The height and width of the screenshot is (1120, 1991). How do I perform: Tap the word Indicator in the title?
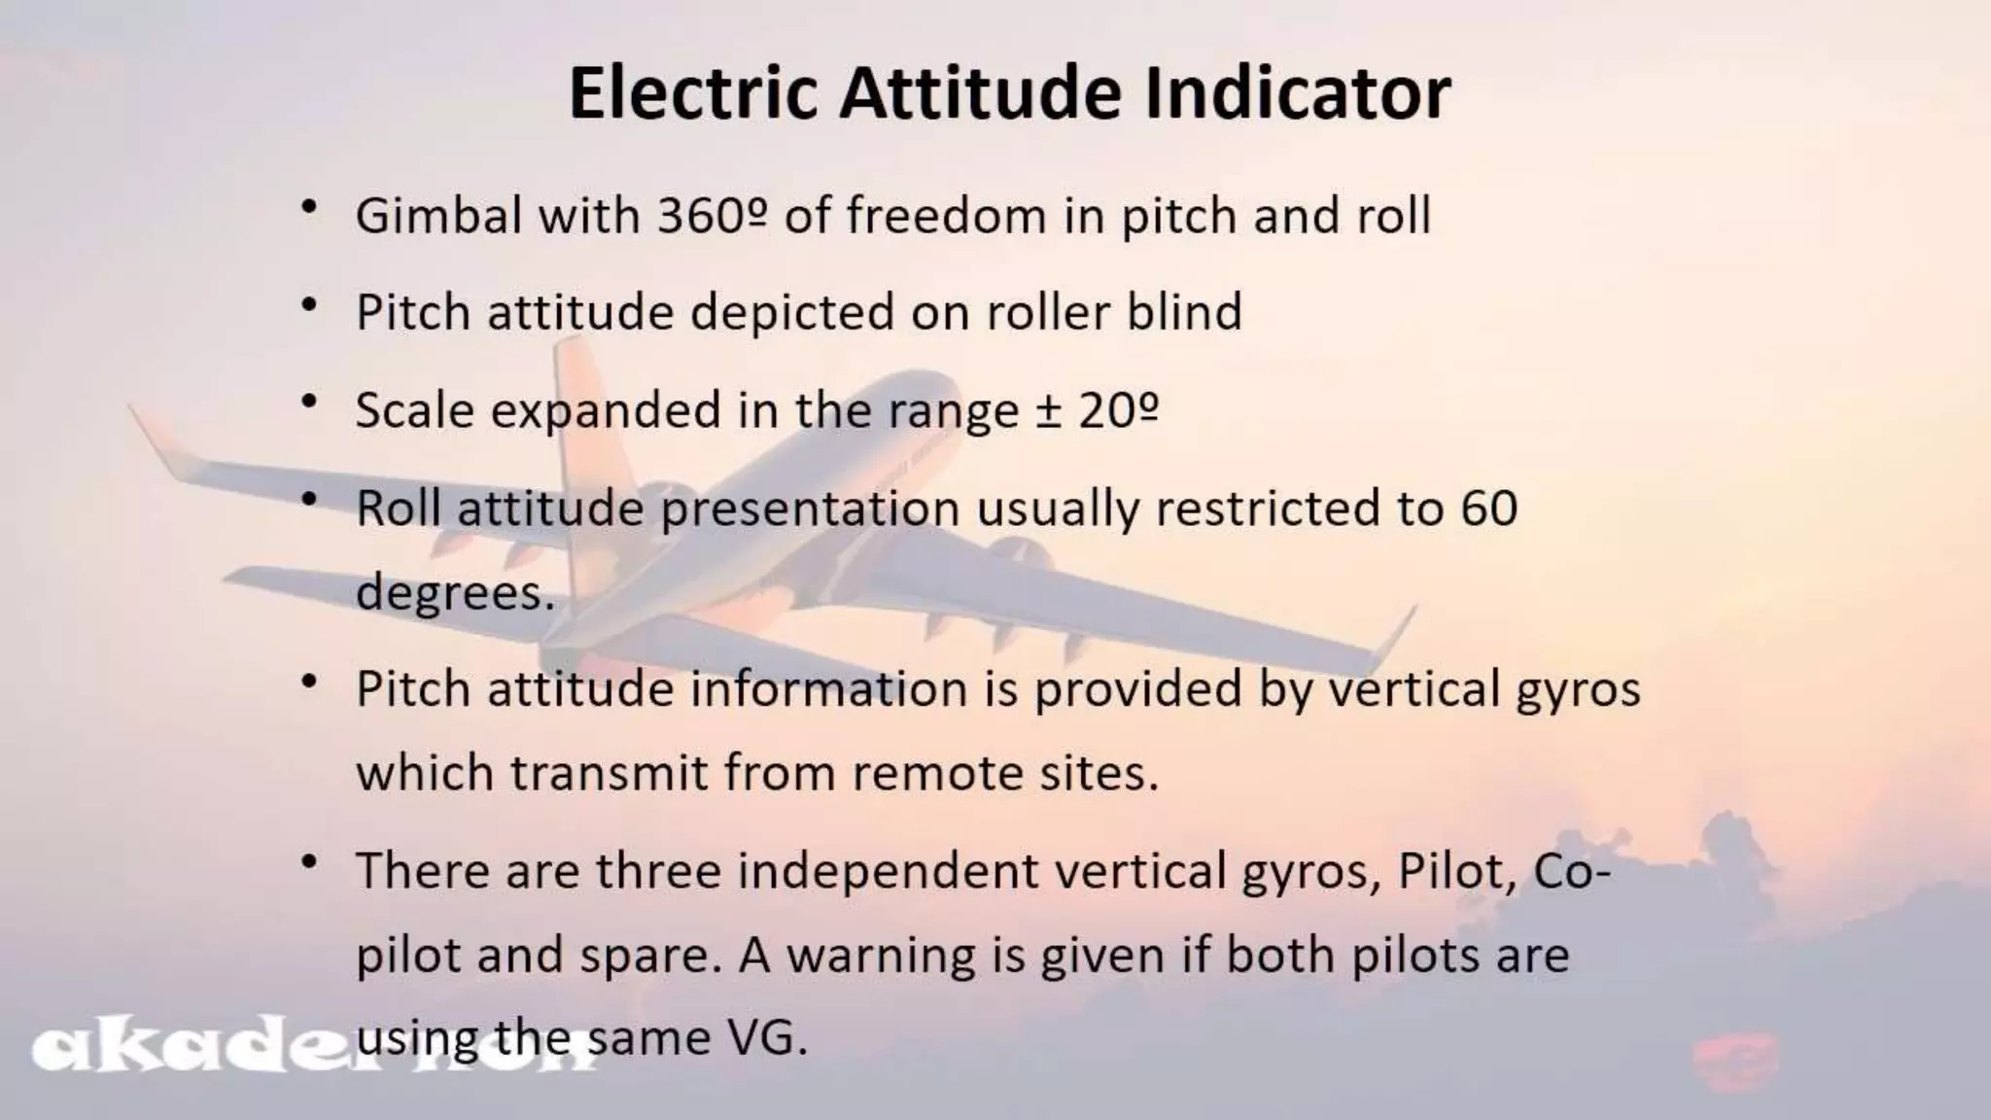point(1298,93)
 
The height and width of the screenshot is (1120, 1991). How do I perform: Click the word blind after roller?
point(1184,312)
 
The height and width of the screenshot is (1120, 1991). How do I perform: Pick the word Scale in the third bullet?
point(413,410)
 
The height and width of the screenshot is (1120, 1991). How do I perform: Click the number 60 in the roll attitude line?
point(1488,507)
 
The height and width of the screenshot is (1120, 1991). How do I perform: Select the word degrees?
point(454,593)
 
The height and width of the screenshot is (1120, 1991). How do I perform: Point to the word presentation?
point(810,509)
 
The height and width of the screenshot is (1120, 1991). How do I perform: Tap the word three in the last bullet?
point(659,870)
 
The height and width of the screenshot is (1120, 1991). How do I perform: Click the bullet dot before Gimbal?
point(310,209)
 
